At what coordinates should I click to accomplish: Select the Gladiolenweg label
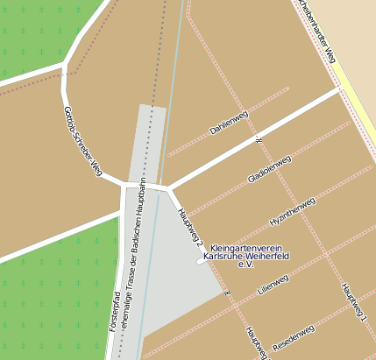(269, 168)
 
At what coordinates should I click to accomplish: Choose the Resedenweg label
(293, 335)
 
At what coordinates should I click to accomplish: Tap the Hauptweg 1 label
(353, 302)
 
